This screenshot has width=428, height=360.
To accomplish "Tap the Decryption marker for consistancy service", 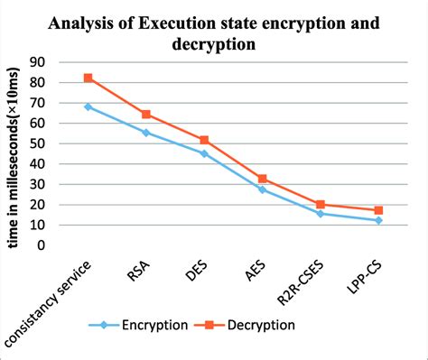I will pyautogui.click(x=88, y=78).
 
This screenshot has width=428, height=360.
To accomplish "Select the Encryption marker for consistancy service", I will pyautogui.click(x=88, y=106).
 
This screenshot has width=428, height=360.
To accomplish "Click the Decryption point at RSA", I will pyautogui.click(x=145, y=115).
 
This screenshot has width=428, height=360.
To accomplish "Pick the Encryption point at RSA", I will pyautogui.click(x=145, y=133).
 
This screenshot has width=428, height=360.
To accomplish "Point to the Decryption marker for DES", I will pyautogui.click(x=203, y=140).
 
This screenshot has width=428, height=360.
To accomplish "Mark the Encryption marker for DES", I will pyautogui.click(x=203, y=153).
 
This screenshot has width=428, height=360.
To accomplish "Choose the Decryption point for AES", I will pyautogui.click(x=262, y=179).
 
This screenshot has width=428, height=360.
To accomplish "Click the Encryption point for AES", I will pyautogui.click(x=262, y=189).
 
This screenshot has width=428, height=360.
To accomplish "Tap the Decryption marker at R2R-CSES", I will pyautogui.click(x=320, y=204).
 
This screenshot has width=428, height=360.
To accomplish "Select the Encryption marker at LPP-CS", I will pyautogui.click(x=377, y=220).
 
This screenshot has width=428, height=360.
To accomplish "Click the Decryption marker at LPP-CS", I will pyautogui.click(x=377, y=210).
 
